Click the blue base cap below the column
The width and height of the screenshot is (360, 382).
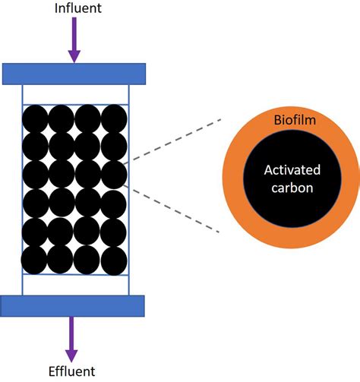coord(73,305)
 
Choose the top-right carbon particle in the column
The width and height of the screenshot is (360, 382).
coord(114,118)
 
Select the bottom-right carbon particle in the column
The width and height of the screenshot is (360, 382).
coord(114,259)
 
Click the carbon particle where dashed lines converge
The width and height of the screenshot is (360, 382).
coord(114,173)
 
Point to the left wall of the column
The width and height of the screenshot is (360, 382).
coord(21,190)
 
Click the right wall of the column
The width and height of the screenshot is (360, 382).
coord(129,190)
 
